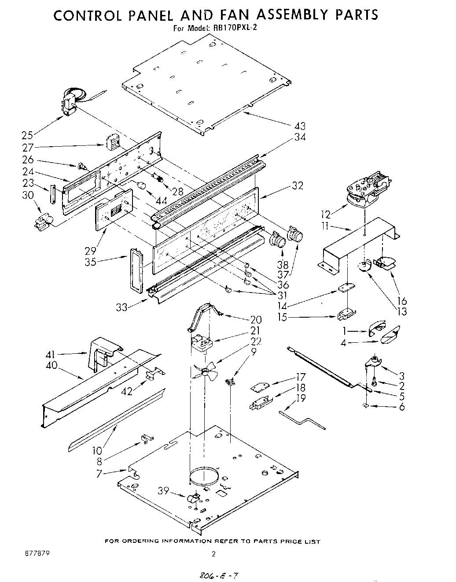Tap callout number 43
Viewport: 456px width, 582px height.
299,126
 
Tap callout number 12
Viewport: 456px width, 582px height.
325,215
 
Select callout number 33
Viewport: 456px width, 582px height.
121,307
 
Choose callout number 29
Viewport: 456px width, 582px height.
91,251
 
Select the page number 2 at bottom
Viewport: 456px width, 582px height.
214,555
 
